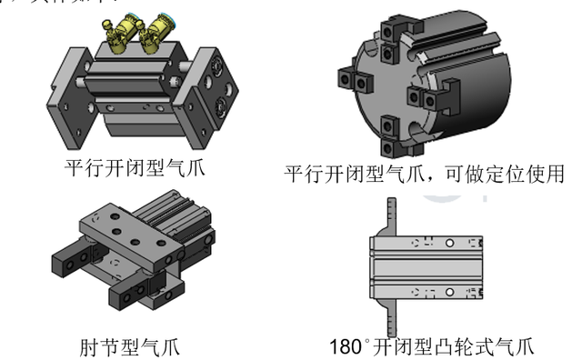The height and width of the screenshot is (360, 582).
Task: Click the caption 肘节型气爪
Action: point(133,346)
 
